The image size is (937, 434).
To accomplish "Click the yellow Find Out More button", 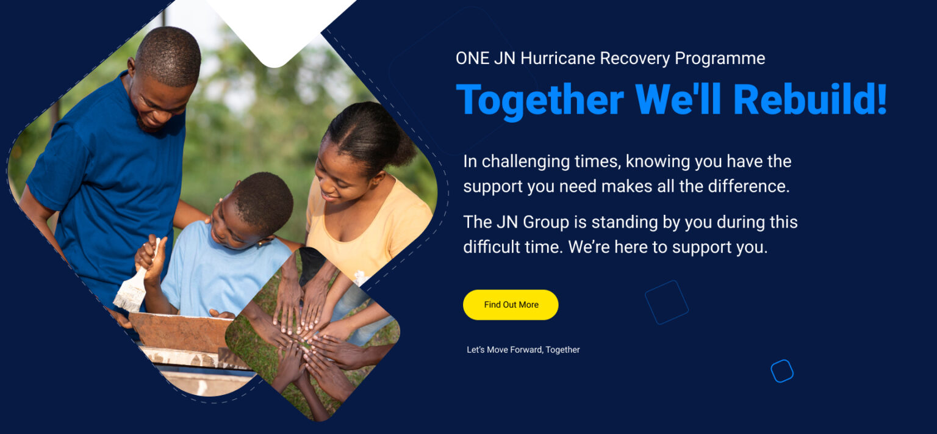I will [511, 305].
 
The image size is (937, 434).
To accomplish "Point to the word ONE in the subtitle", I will [473, 59].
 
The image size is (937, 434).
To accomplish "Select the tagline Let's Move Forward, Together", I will [523, 350].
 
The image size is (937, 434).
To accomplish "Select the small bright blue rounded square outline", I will [782, 371].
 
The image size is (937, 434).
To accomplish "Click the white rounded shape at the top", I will [281, 27].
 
